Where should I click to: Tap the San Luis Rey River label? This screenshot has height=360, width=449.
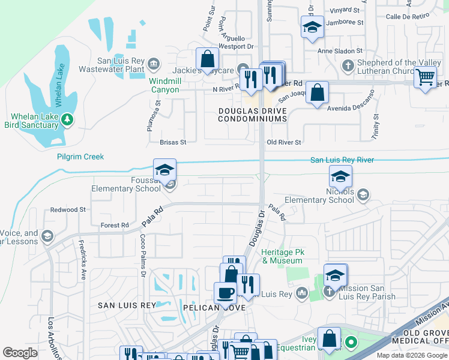342,160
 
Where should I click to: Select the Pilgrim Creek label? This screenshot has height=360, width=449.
80,157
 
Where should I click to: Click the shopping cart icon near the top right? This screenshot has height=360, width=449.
425,77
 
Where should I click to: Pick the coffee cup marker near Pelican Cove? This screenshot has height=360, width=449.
226,293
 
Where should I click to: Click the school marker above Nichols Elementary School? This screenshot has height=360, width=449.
340,176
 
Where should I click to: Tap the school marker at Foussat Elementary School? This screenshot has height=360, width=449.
164,170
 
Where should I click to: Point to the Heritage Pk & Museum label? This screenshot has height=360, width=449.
282,256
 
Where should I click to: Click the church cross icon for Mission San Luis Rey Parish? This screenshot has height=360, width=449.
328,292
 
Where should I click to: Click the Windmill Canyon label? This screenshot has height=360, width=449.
164,85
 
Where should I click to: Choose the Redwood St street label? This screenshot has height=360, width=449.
68,210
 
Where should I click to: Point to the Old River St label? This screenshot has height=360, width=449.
283,142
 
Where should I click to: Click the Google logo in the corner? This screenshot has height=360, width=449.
20,352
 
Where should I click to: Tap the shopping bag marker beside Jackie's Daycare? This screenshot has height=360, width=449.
207,59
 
